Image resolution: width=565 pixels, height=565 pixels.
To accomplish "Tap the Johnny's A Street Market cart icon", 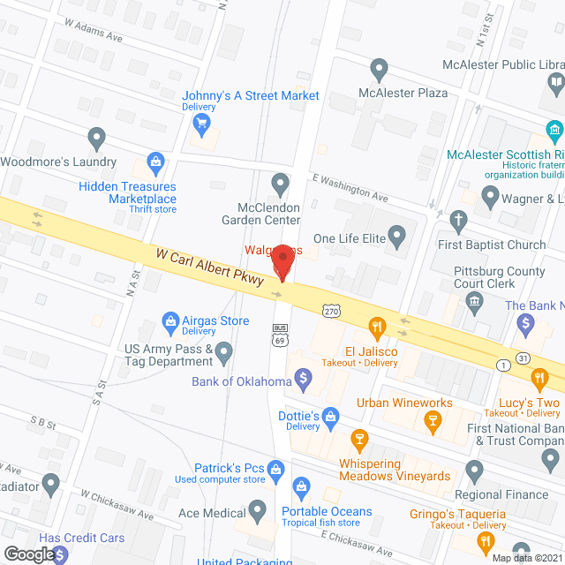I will click(202, 122).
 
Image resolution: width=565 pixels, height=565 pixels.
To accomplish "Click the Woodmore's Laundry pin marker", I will click(97, 138).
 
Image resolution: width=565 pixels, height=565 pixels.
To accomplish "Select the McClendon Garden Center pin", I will click(281, 185).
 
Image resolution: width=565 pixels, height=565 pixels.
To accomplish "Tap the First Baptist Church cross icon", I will click(457, 220).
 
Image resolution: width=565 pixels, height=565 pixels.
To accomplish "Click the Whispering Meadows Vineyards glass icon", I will click(359, 439).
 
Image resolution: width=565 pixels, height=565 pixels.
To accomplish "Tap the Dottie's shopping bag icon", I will click(330, 415).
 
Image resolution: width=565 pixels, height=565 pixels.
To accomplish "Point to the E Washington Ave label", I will click(350, 188).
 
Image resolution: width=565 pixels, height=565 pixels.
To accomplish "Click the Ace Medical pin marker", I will click(257, 510).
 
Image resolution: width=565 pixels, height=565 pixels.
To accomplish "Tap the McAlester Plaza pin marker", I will click(380, 68).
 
